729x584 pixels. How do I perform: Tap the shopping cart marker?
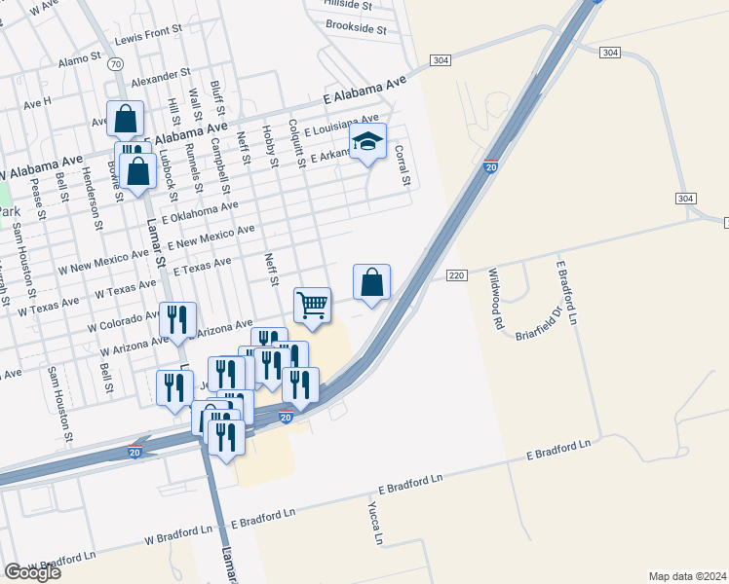pos(312,306)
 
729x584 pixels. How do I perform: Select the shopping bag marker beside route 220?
pos(371,283)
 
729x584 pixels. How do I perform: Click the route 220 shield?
pos(456,275)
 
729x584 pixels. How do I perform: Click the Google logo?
pos(32,571)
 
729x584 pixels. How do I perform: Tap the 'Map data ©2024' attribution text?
pos(687,575)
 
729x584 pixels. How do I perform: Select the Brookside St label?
pos(356,27)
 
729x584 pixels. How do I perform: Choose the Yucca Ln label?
pos(373,523)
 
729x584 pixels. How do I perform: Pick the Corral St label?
pos(401,165)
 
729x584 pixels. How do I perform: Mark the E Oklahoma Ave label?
pos(201,212)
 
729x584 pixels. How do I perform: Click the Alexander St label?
pos(161,75)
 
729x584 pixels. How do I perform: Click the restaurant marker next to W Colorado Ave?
pos(178,320)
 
